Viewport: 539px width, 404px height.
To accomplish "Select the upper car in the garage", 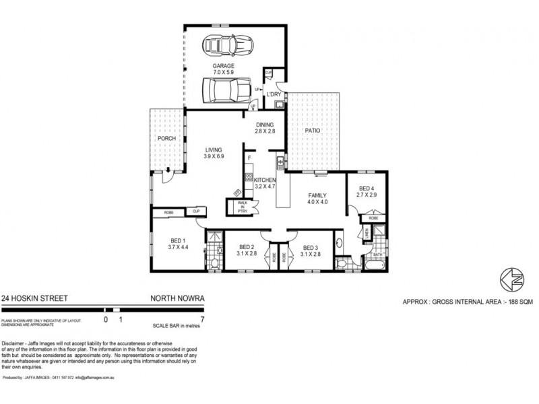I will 225,46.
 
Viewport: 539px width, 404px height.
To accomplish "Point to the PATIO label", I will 311,133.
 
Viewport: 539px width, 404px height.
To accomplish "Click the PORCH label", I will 166,139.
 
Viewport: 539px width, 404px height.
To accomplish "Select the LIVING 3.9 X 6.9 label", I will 214,153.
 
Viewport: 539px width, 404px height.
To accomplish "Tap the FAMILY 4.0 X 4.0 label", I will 317,198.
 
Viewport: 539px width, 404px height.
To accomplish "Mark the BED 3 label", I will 310,250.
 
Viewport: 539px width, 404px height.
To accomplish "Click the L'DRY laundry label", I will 274,94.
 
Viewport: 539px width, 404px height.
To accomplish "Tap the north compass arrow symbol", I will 510,278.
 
